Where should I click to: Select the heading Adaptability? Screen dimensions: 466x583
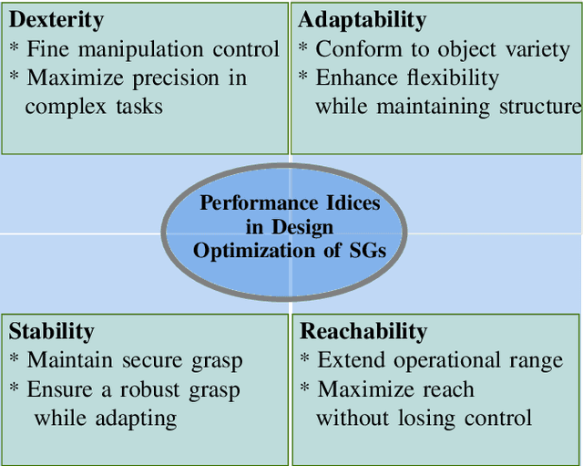(363, 20)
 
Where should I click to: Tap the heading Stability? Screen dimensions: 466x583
(51, 330)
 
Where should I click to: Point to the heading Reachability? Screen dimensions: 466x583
(363, 330)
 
